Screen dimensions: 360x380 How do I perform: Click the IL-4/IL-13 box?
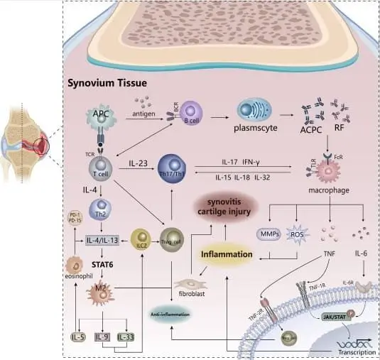pos(104,239)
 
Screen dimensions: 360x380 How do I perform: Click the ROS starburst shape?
pos(294,234)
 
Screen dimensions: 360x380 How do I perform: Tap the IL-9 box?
pos(102,336)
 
